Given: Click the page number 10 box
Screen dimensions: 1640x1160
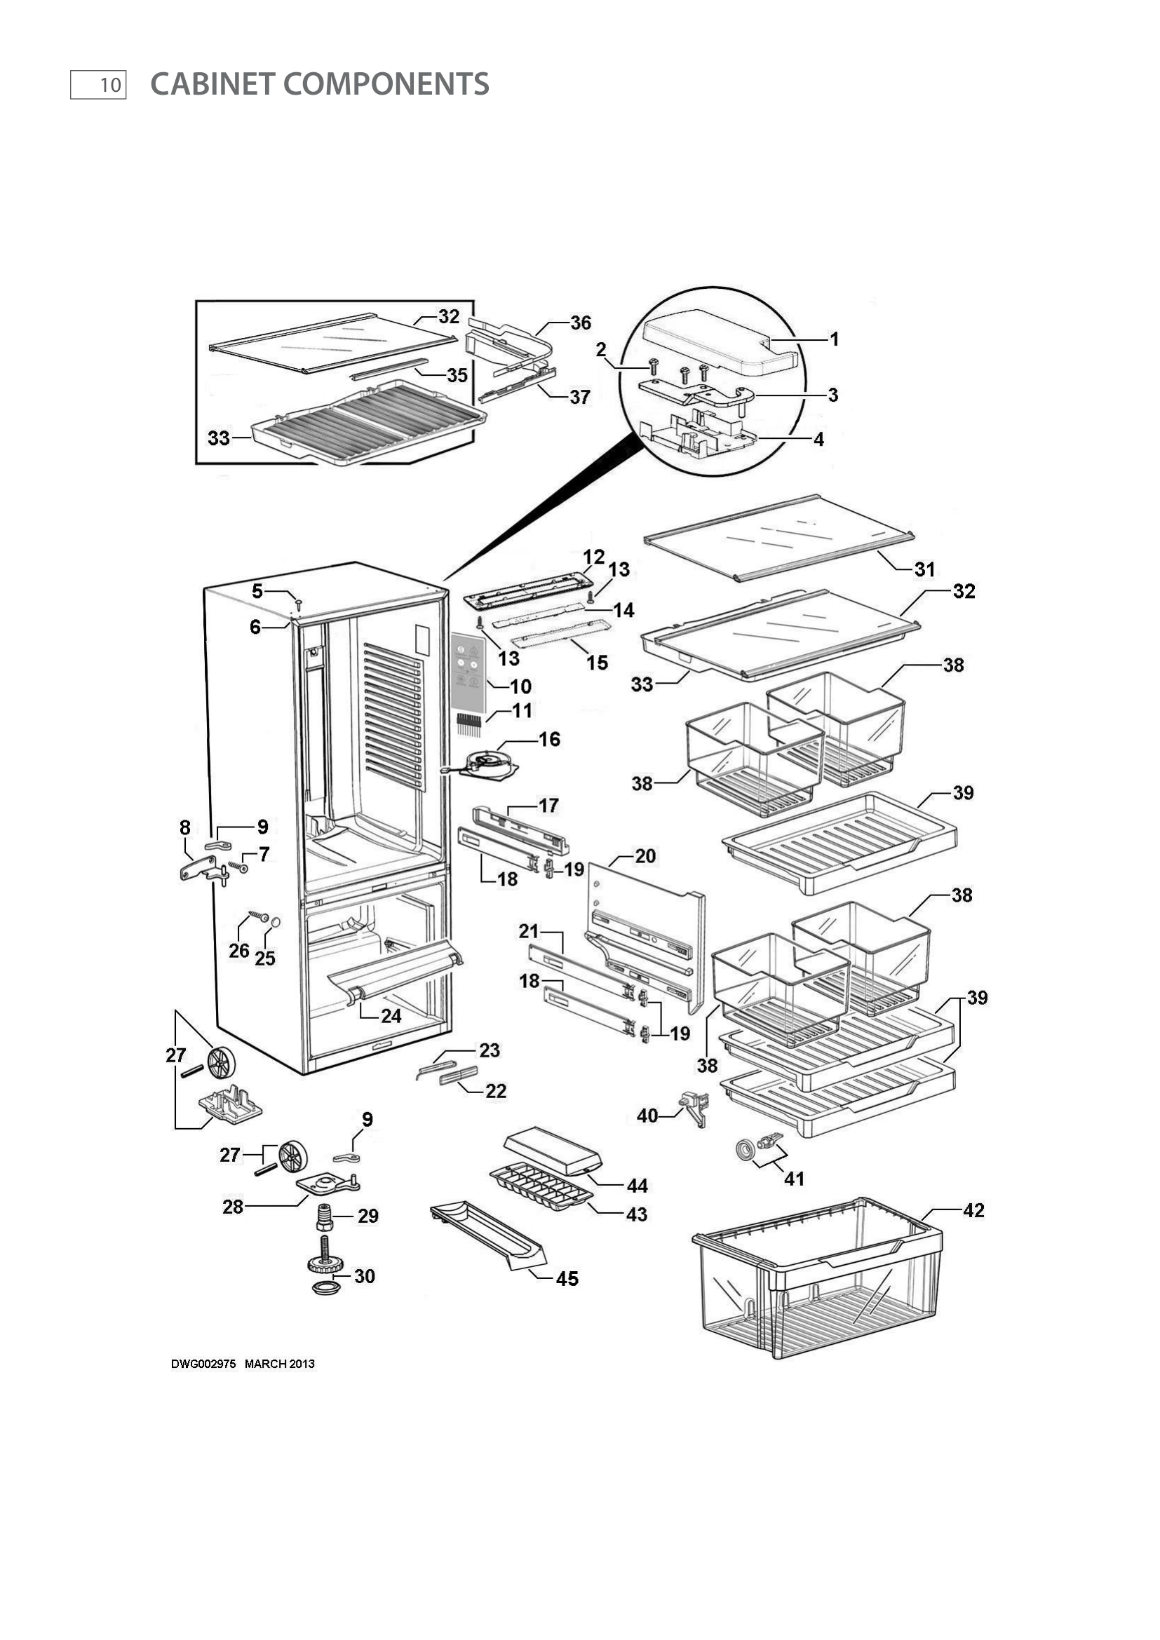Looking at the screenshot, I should (x=98, y=85).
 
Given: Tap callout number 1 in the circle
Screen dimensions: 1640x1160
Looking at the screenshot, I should (x=834, y=339).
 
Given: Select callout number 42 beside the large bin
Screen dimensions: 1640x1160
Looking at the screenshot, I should (x=973, y=1210).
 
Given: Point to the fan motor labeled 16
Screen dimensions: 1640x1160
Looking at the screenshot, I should (x=490, y=763).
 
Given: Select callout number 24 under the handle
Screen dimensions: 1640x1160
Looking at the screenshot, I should (x=391, y=1015).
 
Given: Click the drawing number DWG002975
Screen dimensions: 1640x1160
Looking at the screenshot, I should (x=203, y=1364).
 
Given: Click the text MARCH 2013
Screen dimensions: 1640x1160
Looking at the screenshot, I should (x=279, y=1364).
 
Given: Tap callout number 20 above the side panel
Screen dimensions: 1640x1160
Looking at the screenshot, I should (x=645, y=855).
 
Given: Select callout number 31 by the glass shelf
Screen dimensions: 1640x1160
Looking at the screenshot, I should (x=924, y=569).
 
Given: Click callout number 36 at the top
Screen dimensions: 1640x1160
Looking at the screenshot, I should (x=580, y=323).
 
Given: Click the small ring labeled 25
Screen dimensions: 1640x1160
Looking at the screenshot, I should (x=276, y=923).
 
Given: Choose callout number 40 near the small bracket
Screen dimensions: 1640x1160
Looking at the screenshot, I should (x=647, y=1115).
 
